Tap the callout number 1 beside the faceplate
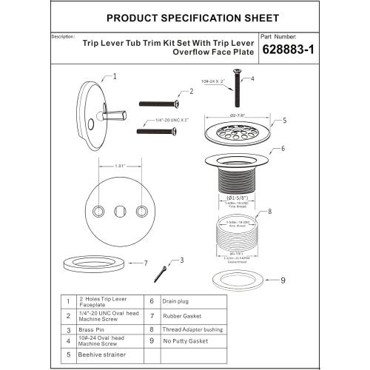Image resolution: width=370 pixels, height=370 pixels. point(115,76)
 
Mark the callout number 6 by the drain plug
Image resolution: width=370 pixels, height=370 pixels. point(280,149)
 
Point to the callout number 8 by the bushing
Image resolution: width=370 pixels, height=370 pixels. point(269,210)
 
